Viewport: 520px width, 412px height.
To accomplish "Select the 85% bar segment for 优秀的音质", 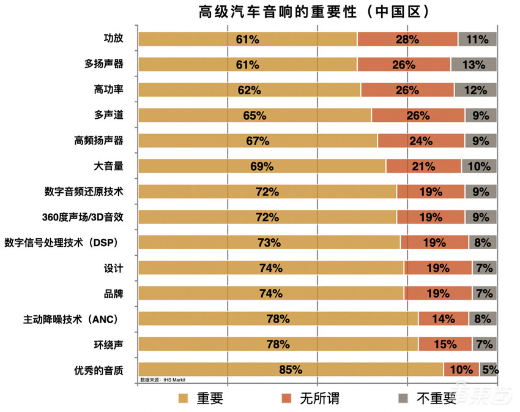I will [291, 369].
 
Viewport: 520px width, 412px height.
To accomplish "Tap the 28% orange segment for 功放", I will [407, 39].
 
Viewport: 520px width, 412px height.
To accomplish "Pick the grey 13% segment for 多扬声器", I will [474, 64].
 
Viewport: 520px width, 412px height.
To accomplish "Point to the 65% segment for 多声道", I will [254, 115].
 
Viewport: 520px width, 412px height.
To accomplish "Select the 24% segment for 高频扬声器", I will [421, 141].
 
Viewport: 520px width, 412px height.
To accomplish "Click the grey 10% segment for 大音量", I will [478, 166].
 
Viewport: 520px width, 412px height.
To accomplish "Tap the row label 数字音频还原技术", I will [84, 192].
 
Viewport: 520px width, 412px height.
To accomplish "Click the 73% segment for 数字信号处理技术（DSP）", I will [269, 242].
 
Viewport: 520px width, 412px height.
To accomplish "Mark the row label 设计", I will [114, 268].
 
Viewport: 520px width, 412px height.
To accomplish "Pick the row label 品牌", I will [114, 293].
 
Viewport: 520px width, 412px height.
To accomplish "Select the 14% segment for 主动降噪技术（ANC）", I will [443, 318].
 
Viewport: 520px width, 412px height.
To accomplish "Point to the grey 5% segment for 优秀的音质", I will [488, 369].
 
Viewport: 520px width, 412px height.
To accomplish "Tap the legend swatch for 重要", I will [182, 399].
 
